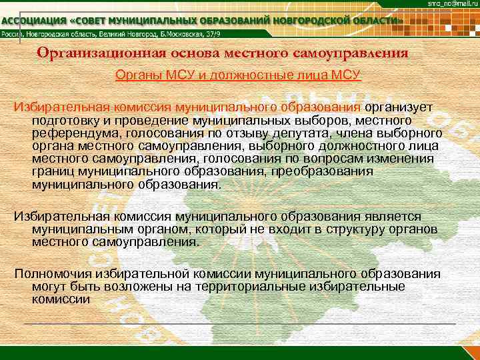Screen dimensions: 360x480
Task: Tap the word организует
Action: [399, 107]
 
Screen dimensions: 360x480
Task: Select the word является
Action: [393, 217]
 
